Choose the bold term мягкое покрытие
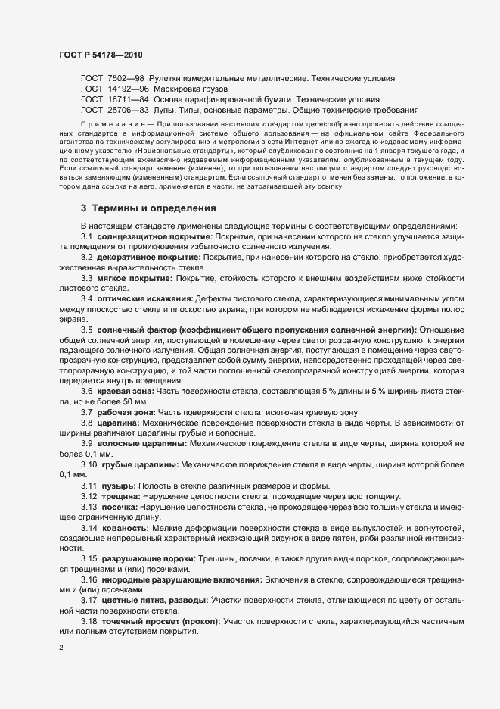coord(130,280)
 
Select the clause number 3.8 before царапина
coord(87,421)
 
